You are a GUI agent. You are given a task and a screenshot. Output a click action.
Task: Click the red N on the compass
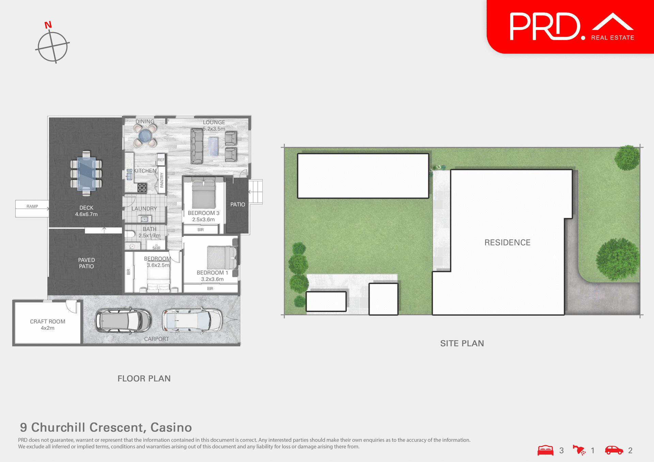48,25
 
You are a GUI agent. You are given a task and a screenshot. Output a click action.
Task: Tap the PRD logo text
545,27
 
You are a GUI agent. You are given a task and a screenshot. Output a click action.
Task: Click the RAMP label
32,207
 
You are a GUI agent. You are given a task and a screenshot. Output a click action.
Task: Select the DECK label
86,208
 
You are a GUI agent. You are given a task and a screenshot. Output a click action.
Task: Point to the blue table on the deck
86,174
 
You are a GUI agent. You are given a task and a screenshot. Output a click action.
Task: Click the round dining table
145,136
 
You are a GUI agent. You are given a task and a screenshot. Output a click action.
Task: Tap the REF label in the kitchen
161,160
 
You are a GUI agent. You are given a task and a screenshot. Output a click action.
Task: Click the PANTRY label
162,180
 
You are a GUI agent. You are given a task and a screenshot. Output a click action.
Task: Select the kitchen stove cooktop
142,187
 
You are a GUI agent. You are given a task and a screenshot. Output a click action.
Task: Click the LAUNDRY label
144,209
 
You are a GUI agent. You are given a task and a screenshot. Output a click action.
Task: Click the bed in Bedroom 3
204,194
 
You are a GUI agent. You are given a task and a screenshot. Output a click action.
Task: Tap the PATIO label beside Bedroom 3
237,204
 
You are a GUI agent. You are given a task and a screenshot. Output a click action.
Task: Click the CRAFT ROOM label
48,321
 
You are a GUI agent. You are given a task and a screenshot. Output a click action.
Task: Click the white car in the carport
192,320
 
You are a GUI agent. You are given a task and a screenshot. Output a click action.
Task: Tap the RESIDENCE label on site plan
507,243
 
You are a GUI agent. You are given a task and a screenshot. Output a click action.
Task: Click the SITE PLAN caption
462,343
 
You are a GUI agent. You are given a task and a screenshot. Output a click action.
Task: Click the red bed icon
545,450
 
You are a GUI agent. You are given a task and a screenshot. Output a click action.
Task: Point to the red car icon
614,450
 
